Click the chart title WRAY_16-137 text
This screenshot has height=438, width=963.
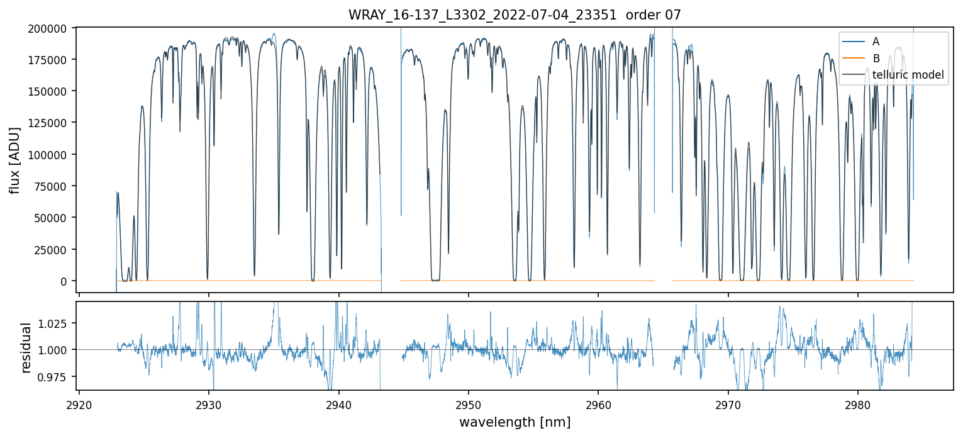pyautogui.click(x=515, y=15)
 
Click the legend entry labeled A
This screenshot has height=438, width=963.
pyautogui.click(x=876, y=42)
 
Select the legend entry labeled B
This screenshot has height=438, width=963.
pyautogui.click(x=876, y=59)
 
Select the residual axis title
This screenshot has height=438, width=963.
pyautogui.click(x=26, y=347)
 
